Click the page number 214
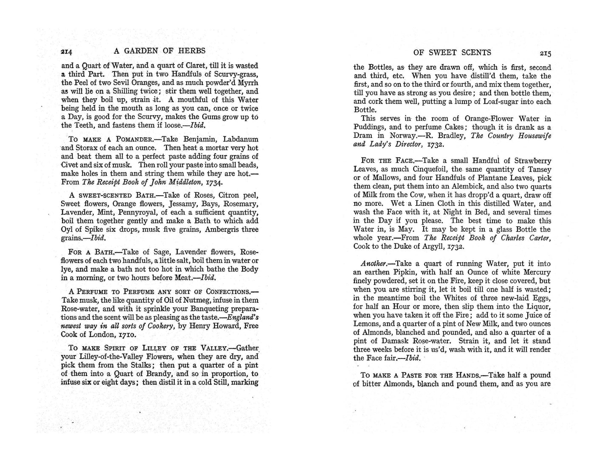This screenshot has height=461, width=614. coord(67,51)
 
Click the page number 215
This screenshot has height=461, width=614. coord(545,53)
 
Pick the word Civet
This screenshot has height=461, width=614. coord(70,165)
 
